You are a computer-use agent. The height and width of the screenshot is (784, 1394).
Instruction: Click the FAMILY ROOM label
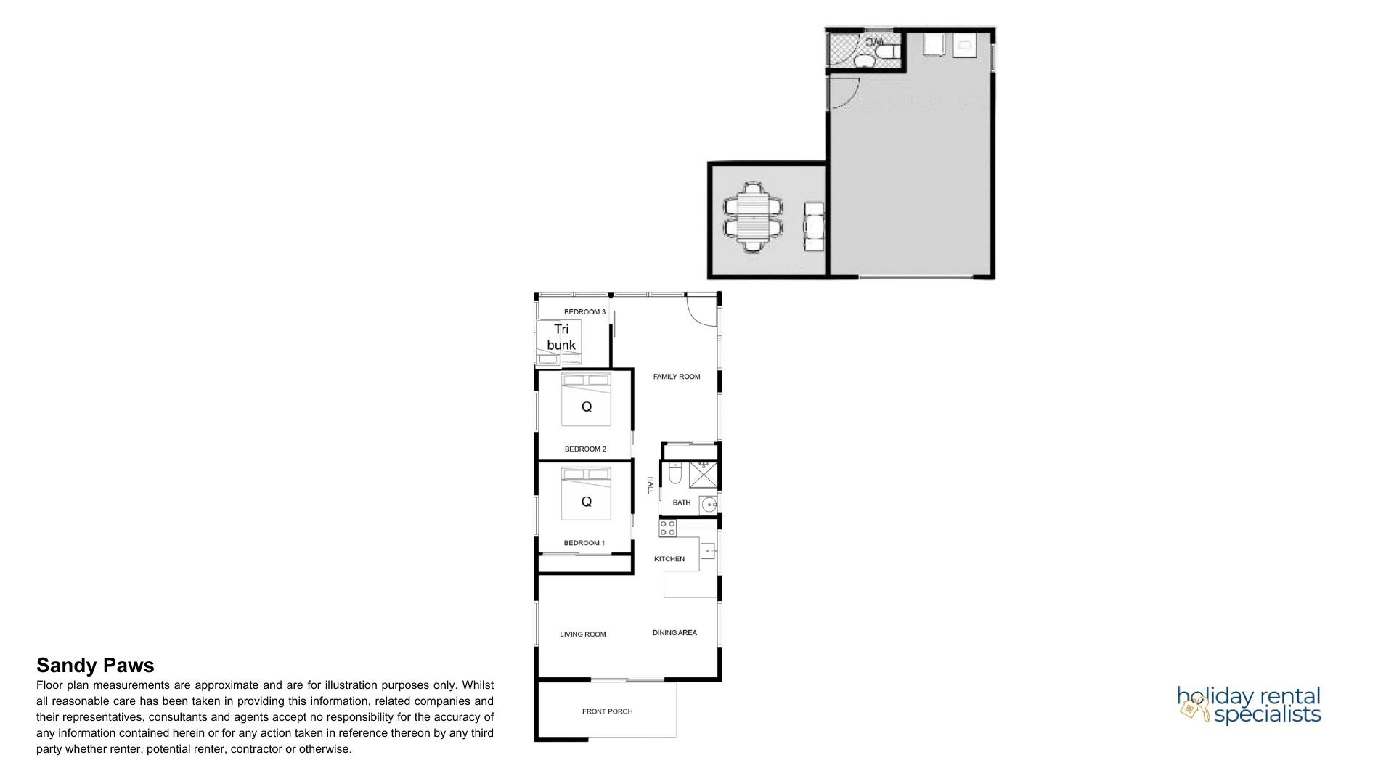point(676,377)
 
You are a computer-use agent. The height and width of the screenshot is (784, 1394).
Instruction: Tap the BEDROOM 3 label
point(584,312)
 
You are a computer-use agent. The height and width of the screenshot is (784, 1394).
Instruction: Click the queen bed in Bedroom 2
point(587,400)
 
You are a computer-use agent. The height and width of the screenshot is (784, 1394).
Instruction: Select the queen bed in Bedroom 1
point(587,494)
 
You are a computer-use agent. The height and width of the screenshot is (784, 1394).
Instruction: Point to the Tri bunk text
point(561,337)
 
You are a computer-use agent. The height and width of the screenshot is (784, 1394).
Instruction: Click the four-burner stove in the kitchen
point(667,528)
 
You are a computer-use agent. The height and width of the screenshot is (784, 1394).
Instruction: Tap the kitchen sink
point(708,551)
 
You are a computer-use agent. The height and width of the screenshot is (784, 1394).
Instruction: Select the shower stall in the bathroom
point(703,474)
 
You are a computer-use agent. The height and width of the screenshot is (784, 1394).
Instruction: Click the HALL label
point(651,486)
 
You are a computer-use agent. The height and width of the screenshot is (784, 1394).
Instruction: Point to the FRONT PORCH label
point(607,711)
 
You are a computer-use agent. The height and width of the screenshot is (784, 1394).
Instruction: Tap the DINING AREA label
point(674,633)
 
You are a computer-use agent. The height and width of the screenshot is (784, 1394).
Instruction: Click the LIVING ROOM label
point(582,634)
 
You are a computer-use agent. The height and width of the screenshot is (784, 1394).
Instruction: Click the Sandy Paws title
point(95,666)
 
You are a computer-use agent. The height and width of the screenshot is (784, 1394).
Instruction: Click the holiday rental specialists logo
point(1249,705)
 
